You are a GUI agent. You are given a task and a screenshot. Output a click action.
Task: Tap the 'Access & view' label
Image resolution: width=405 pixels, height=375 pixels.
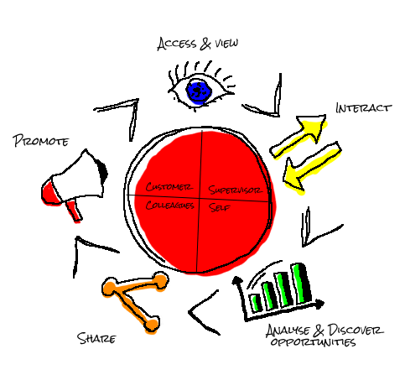point(198,44)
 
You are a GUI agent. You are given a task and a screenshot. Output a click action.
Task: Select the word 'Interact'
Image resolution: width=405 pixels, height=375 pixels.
point(363,108)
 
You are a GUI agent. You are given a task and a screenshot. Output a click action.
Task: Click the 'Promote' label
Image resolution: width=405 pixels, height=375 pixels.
point(40,141)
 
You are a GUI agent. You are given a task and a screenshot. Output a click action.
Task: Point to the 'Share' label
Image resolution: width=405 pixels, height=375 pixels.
point(96,338)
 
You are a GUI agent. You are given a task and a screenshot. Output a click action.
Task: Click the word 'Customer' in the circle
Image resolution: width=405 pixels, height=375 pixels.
point(169,186)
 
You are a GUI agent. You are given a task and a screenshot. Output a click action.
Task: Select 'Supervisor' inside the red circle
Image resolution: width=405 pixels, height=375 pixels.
point(236,190)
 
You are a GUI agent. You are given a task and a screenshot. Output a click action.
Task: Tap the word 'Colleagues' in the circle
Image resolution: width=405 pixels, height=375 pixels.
point(169,205)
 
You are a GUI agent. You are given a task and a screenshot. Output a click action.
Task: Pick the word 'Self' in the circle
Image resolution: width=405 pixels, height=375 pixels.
point(220,207)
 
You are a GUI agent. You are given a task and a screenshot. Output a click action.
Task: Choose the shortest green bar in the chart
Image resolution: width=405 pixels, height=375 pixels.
point(256,303)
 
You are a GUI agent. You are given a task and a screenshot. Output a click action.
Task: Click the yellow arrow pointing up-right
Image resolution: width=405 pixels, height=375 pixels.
point(299,135)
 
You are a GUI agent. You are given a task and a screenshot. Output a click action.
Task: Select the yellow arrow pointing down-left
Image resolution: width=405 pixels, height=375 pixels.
point(312,167)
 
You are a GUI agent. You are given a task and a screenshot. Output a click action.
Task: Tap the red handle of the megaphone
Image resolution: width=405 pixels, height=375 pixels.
point(73,211)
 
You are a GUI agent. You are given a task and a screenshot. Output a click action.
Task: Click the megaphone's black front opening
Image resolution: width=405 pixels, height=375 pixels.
point(102,170)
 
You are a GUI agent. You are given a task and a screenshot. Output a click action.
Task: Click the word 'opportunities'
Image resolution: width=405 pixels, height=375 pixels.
point(313,342)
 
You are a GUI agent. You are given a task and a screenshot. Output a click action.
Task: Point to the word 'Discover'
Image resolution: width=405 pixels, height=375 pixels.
point(356,331)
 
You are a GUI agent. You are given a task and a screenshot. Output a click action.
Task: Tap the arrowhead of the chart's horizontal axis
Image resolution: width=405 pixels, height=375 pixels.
point(319,304)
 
